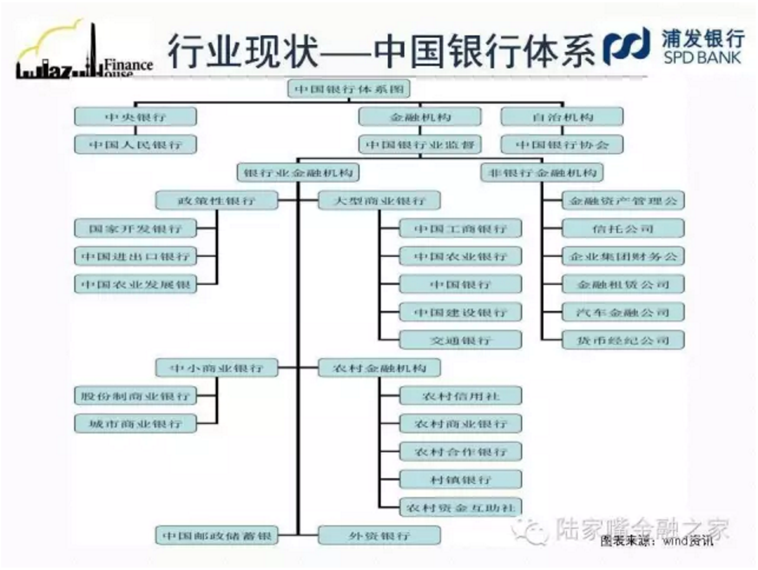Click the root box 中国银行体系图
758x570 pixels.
click(x=349, y=90)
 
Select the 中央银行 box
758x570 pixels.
click(x=135, y=117)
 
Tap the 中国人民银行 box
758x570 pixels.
click(x=135, y=145)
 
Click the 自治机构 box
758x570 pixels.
click(x=562, y=117)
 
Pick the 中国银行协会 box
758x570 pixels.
click(x=562, y=145)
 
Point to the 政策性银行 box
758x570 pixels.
click(x=216, y=201)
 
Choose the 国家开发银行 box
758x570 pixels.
click(x=135, y=228)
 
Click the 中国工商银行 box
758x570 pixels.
click(x=460, y=228)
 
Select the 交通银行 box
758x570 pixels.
click(x=460, y=340)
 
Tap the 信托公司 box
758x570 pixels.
click(x=623, y=228)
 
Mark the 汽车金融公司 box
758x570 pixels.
click(x=623, y=312)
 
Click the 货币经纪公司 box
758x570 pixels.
click(x=623, y=340)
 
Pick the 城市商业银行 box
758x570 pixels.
click(x=135, y=424)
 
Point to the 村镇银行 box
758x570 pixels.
click(x=460, y=480)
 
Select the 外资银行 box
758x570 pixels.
click(x=379, y=536)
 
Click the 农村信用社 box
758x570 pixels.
click(x=460, y=396)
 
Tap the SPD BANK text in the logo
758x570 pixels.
click(x=702, y=58)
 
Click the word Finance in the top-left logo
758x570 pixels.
click(x=128, y=65)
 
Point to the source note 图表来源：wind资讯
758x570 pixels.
click(x=657, y=541)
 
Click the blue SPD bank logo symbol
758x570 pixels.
click(x=627, y=47)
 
